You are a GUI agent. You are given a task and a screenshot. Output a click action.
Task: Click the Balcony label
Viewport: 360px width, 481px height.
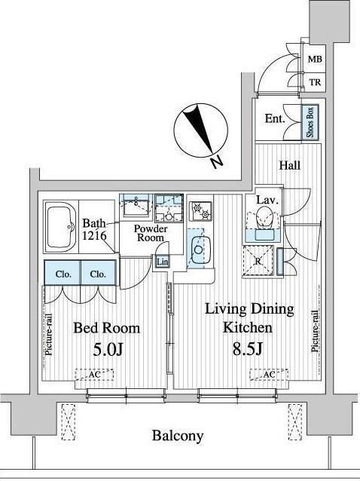pyautogui.click(x=178, y=436)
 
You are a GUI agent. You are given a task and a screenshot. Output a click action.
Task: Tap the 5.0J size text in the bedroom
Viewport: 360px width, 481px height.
pyautogui.click(x=108, y=349)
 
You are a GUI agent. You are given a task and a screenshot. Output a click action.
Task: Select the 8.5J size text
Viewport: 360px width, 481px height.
pyautogui.click(x=248, y=348)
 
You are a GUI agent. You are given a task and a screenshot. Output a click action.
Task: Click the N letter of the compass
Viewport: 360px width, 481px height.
pyautogui.click(x=217, y=162)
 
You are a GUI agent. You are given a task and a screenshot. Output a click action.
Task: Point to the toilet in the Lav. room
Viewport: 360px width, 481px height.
pyautogui.click(x=264, y=217)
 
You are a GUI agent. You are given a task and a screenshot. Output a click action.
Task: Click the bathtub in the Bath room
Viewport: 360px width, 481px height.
pyautogui.click(x=62, y=226)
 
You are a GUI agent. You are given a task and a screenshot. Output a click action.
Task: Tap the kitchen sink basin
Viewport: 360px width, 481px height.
pyautogui.click(x=199, y=250)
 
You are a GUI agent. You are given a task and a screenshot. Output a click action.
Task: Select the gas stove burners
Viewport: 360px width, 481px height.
pyautogui.click(x=200, y=211)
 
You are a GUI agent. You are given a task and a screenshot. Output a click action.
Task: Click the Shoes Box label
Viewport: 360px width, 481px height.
pyautogui.click(x=310, y=122)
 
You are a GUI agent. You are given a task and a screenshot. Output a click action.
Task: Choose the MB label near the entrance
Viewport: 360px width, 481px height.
pyautogui.click(x=315, y=59)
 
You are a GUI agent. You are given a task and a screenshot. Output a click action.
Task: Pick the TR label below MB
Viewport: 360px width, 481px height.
pyautogui.click(x=315, y=82)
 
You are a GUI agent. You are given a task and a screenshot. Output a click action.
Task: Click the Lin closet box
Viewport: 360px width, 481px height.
pyautogui.click(x=162, y=262)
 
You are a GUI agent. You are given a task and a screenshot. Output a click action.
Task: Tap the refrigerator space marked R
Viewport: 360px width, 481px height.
pyautogui.click(x=258, y=262)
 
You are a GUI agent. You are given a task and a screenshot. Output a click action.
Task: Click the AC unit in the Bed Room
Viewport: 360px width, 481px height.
pyautogui.click(x=94, y=375)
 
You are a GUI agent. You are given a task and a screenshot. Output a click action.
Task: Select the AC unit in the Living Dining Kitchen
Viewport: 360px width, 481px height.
pyautogui.click(x=269, y=374)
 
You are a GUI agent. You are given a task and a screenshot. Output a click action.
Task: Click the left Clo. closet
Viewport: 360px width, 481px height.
pyautogui.click(x=63, y=273)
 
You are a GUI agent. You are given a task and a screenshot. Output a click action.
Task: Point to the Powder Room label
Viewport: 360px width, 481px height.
pyautogui.click(x=151, y=233)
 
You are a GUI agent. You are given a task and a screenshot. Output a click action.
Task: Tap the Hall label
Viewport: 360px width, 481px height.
pyautogui.click(x=289, y=166)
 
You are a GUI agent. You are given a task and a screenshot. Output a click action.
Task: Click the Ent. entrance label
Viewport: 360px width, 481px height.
pyautogui.click(x=275, y=118)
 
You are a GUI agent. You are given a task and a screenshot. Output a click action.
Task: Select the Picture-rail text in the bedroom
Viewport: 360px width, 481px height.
pyautogui.click(x=49, y=335)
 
